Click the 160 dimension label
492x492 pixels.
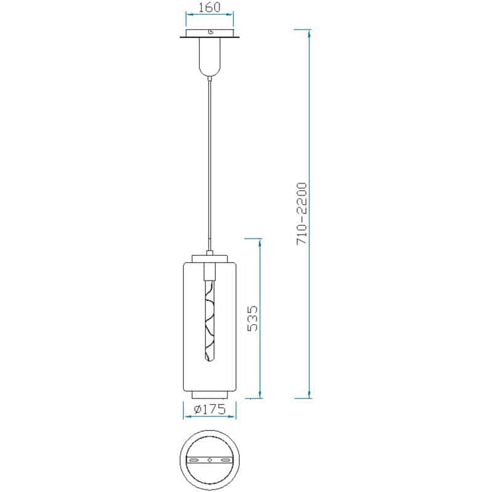210,7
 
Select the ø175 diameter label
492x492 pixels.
210,409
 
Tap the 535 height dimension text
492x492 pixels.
252,319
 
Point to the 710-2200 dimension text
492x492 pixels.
301,213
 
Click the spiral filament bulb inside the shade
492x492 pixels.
210,320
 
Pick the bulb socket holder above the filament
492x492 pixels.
210,272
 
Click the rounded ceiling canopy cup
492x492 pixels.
210,57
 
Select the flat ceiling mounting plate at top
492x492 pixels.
210,33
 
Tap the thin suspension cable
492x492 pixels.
210,165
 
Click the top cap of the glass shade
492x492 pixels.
210,258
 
